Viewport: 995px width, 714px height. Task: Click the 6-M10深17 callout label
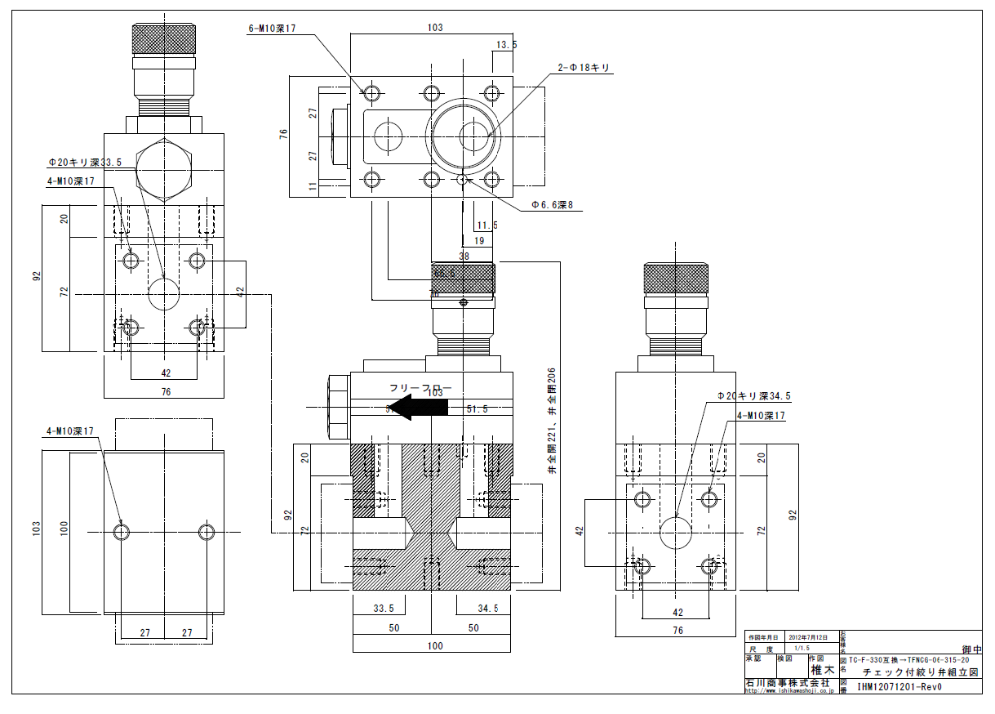[271, 29]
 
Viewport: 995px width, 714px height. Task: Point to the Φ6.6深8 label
[557, 206]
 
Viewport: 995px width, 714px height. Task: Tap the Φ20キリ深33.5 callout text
[85, 163]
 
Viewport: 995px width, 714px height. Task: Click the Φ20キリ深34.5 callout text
[753, 396]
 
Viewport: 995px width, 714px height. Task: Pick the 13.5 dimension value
[506, 46]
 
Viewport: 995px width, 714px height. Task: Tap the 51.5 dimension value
[477, 408]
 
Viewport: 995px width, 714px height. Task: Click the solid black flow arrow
[417, 407]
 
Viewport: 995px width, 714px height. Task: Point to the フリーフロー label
[420, 389]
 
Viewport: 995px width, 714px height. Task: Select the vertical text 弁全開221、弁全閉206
[553, 421]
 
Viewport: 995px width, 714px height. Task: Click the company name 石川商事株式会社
[787, 682]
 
